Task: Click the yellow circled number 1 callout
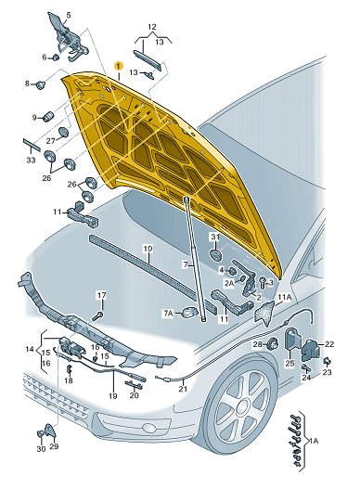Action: (119, 66)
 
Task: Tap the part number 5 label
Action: (69, 15)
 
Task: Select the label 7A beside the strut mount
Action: (168, 314)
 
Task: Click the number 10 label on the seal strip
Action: (148, 249)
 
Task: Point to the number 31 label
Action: (215, 237)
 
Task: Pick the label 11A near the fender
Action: (284, 297)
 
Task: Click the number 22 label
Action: (329, 344)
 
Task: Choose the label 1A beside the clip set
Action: (314, 441)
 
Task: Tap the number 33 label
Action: (31, 160)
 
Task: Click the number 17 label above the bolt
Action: (102, 295)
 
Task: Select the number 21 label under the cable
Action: (183, 389)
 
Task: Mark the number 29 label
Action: (54, 446)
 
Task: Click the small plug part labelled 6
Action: (56, 58)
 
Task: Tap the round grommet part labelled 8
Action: (40, 84)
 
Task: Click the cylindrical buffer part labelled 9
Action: (48, 116)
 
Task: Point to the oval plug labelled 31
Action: (215, 255)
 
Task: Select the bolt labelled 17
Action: (97, 316)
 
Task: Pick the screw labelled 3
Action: (262, 282)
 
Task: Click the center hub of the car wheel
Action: (242, 406)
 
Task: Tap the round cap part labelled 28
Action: (273, 344)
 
